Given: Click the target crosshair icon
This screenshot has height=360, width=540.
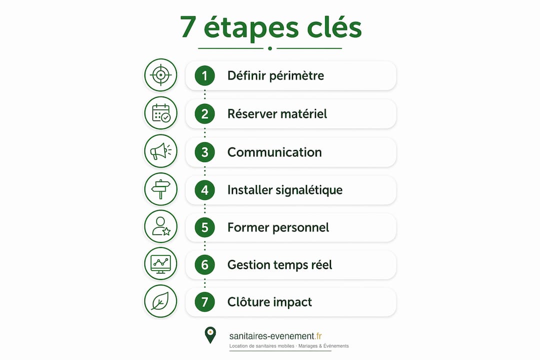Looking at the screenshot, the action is pyautogui.click(x=160, y=75).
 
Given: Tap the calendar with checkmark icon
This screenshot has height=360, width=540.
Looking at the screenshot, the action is pyautogui.click(x=161, y=113).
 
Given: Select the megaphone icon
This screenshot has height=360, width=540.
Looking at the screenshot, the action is pyautogui.click(x=160, y=151).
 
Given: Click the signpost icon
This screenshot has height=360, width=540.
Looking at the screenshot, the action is pyautogui.click(x=161, y=189).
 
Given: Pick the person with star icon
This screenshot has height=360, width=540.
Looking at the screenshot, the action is pyautogui.click(x=161, y=226).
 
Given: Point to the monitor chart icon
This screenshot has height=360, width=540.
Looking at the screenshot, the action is pyautogui.click(x=160, y=264).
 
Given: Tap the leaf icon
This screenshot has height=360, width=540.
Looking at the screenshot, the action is pyautogui.click(x=160, y=301).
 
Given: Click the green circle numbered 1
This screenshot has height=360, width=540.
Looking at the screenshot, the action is pyautogui.click(x=204, y=75).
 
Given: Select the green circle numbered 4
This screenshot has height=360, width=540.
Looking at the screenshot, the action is pyautogui.click(x=204, y=190).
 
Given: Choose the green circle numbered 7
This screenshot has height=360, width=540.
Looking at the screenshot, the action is pyautogui.click(x=204, y=302).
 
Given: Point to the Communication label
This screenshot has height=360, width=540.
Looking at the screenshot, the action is pyautogui.click(x=274, y=152).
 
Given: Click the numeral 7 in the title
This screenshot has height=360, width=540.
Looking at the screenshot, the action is pyautogui.click(x=188, y=27).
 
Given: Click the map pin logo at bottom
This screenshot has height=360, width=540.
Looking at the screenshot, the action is pyautogui.click(x=210, y=335).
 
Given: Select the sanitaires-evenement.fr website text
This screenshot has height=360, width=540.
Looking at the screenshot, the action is pyautogui.click(x=275, y=336).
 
